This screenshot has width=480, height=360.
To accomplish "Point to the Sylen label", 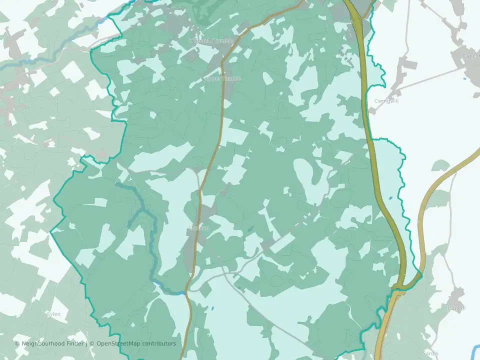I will [x=53, y=314].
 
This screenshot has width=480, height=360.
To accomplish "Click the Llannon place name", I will [x=198, y=228].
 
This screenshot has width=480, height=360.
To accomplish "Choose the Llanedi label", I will [x=456, y=308].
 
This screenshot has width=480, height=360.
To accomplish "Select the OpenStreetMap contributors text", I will [x=136, y=344].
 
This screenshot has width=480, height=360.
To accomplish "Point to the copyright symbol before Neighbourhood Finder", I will [x=17, y=344].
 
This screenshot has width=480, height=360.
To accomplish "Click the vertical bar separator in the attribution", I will [x=86, y=344].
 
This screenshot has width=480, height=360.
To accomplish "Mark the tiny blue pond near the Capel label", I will [x=465, y=78].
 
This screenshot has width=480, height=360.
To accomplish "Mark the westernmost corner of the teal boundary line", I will [x=51, y=232].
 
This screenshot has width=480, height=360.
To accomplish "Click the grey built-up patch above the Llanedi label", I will [x=457, y=295].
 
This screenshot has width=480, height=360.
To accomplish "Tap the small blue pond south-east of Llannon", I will [x=212, y=308].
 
